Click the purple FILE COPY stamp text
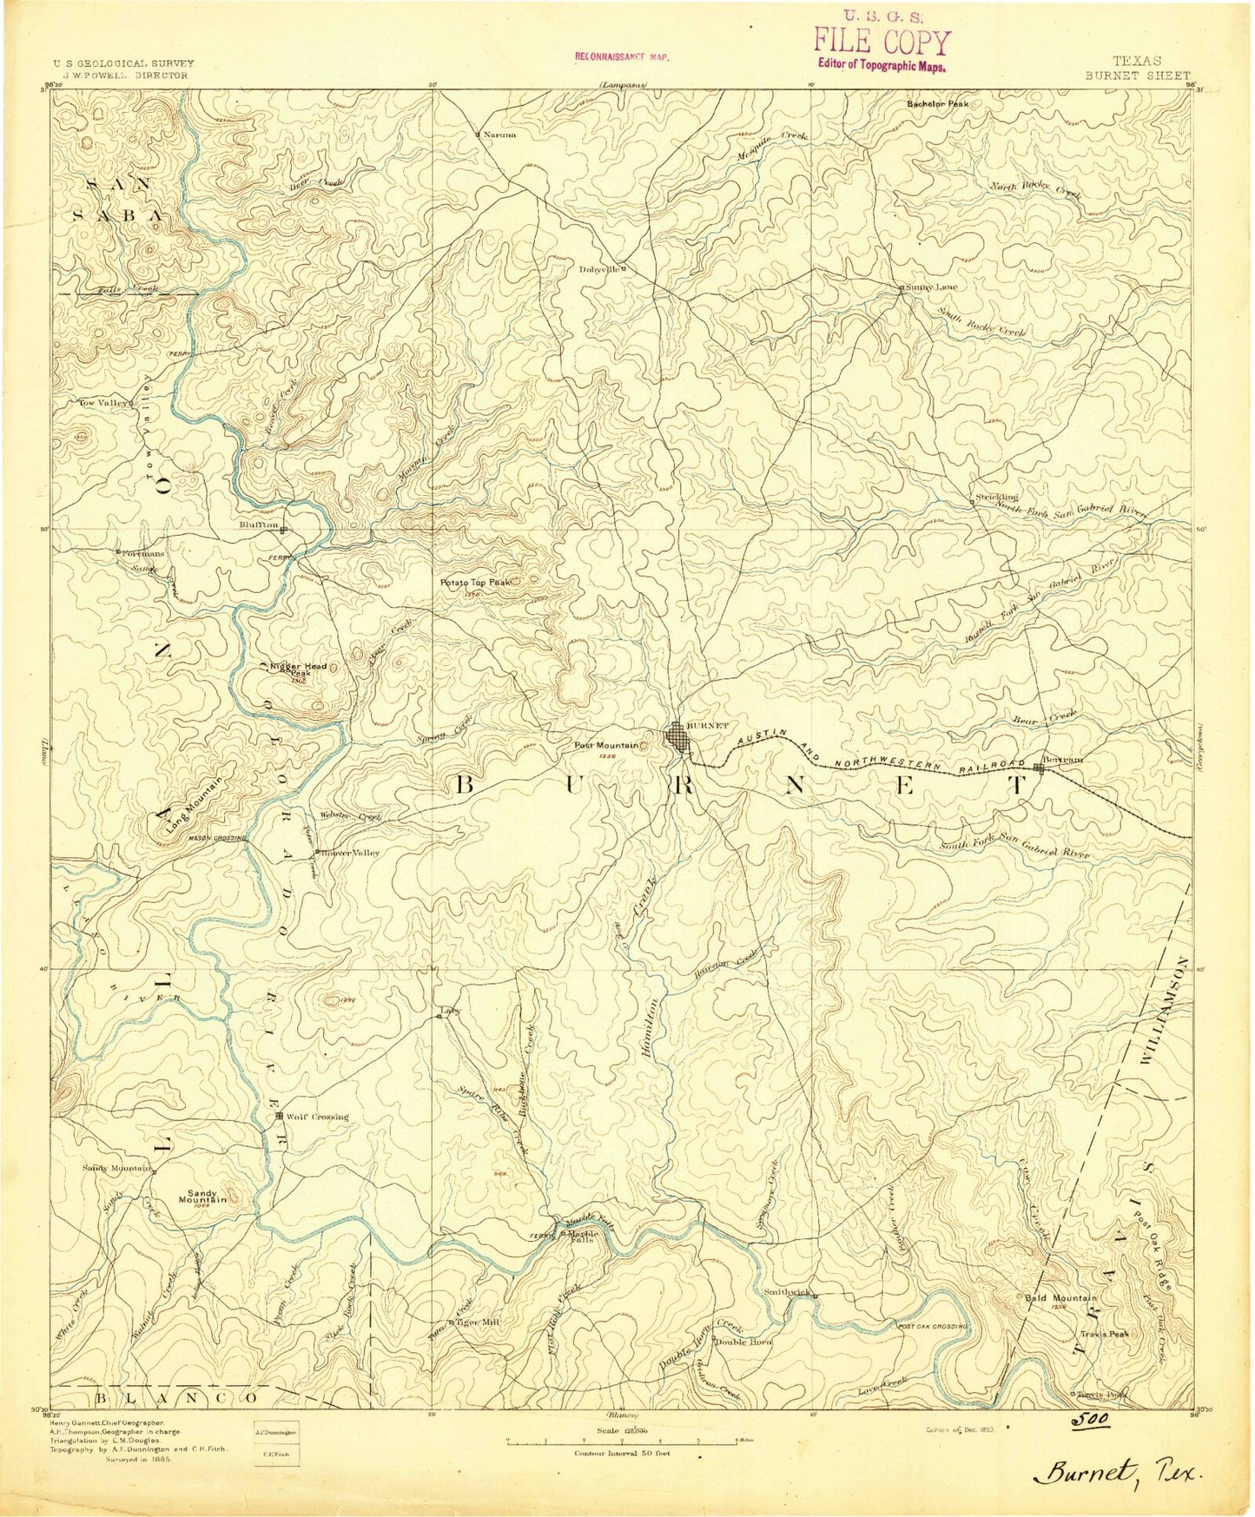[x=882, y=42]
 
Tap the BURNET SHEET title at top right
[x=1137, y=75]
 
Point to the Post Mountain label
[x=604, y=745]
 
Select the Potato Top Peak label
[x=474, y=582]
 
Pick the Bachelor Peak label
[x=937, y=103]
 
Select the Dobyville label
[x=599, y=268]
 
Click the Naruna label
[x=499, y=135]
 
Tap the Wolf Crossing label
[x=317, y=1116]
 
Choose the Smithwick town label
[x=788, y=1292]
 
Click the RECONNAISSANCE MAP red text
[x=622, y=56]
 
